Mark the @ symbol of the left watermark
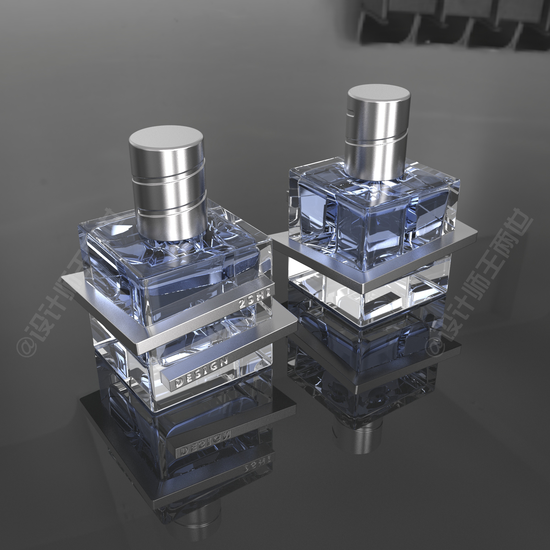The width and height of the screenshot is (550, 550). [x=26, y=345]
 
